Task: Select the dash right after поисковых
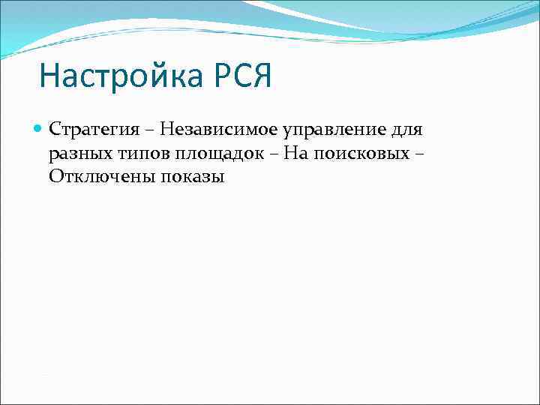pos(418,154)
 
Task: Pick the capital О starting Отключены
pos(56,177)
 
